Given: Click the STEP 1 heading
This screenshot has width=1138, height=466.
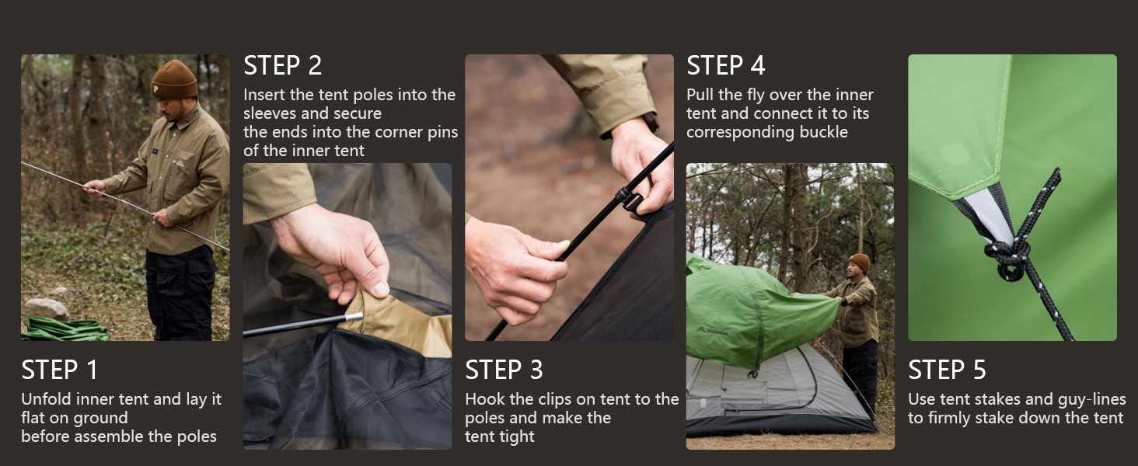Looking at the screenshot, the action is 59,370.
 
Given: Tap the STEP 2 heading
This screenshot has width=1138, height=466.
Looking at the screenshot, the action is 282,65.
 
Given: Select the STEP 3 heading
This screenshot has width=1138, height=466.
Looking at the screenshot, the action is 504,370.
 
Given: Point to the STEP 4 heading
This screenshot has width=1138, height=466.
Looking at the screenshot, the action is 725,65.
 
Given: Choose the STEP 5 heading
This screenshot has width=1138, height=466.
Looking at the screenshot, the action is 947,370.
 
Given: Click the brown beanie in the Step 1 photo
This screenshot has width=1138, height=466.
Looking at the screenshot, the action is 174,79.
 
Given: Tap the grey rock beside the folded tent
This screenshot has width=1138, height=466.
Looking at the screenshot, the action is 46,308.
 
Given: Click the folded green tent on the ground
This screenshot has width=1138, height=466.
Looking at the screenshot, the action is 65,329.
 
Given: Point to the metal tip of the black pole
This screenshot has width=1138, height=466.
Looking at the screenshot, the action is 354,316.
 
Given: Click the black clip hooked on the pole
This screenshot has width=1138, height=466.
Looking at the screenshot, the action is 629,199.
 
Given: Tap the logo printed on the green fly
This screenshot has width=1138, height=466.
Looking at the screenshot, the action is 712,331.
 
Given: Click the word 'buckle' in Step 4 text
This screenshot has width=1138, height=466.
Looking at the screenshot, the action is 823,132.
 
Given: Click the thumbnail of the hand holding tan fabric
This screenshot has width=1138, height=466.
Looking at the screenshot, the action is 347,306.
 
